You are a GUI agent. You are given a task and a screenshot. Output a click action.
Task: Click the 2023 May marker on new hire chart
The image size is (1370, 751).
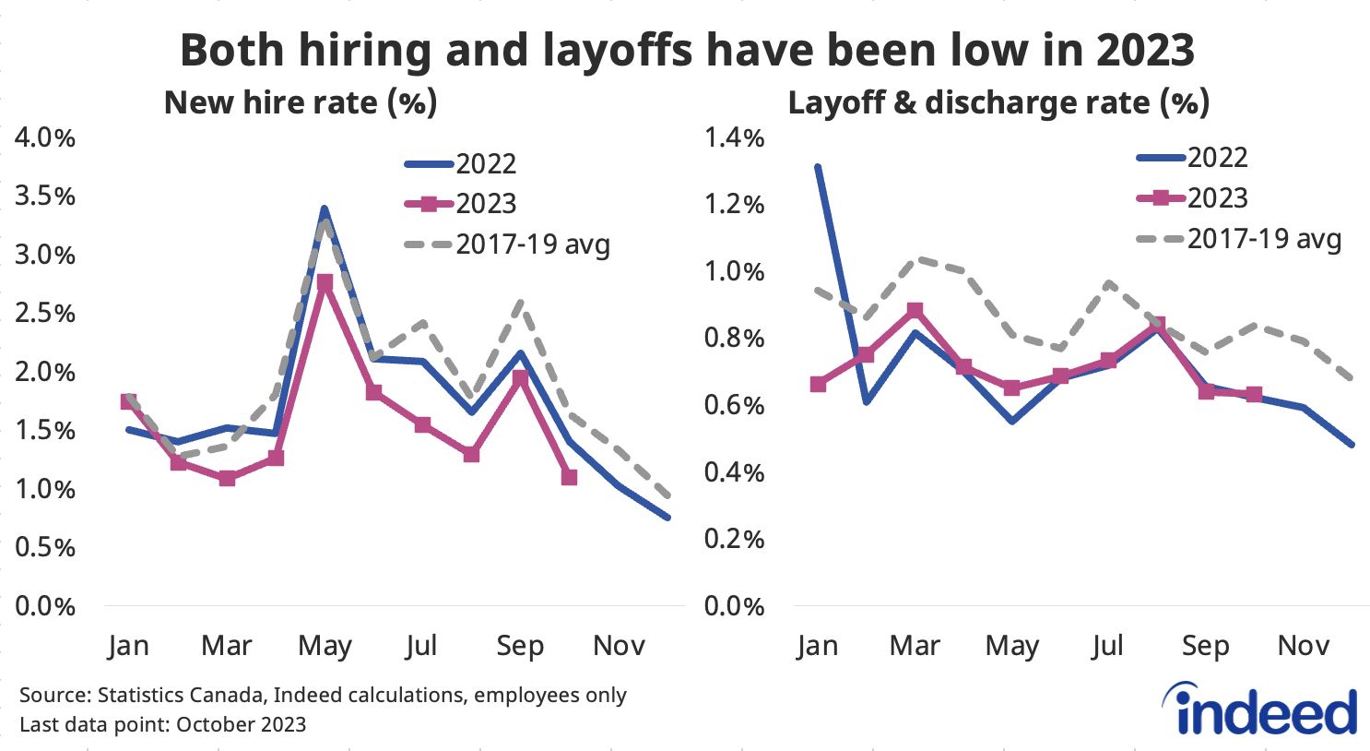click(x=325, y=283)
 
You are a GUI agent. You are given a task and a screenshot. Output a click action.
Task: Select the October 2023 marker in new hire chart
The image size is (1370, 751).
click(x=569, y=477)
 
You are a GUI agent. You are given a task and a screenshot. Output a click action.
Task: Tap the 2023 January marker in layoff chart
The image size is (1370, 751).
click(x=818, y=384)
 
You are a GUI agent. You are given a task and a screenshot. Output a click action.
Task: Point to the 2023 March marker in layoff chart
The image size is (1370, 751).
click(x=915, y=310)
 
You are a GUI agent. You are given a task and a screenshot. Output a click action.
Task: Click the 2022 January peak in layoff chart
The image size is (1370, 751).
click(x=818, y=167)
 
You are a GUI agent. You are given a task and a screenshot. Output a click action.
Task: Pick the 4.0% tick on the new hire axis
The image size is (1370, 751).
click(x=44, y=138)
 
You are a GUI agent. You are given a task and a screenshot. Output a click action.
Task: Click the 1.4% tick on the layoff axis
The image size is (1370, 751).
click(x=734, y=138)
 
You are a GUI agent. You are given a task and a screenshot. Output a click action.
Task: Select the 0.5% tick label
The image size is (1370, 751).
click(x=44, y=547)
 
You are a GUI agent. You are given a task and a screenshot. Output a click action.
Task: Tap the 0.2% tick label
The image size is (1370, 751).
click(x=734, y=539)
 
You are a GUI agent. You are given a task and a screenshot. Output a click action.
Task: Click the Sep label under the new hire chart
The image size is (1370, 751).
click(x=520, y=646)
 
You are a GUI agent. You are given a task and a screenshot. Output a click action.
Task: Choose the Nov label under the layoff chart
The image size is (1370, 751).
click(x=1303, y=646)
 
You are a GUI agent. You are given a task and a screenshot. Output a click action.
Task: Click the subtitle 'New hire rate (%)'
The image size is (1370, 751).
click(x=300, y=102)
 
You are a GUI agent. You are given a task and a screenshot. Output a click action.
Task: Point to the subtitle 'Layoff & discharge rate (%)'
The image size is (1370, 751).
click(x=998, y=102)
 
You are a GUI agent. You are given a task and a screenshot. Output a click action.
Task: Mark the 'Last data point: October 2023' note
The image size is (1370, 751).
click(x=162, y=724)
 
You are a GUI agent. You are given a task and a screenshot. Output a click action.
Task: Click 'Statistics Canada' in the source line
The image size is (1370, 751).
click(x=181, y=695)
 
